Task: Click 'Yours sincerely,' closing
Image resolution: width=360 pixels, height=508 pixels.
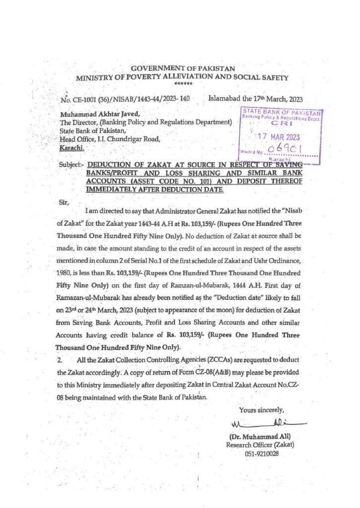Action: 262,410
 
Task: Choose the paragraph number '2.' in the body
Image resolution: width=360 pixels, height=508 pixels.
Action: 60,359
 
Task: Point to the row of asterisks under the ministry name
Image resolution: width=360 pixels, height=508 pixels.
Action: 184,85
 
